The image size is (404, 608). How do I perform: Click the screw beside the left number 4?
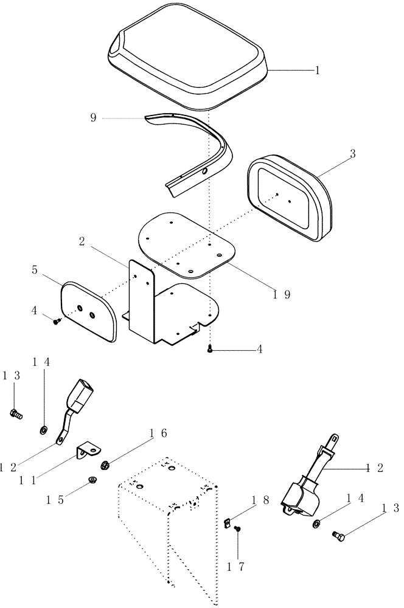(57, 321)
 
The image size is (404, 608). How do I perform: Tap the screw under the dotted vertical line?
(209, 349)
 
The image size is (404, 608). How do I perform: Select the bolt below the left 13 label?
(15, 414)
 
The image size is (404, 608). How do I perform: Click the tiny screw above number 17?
(237, 529)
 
